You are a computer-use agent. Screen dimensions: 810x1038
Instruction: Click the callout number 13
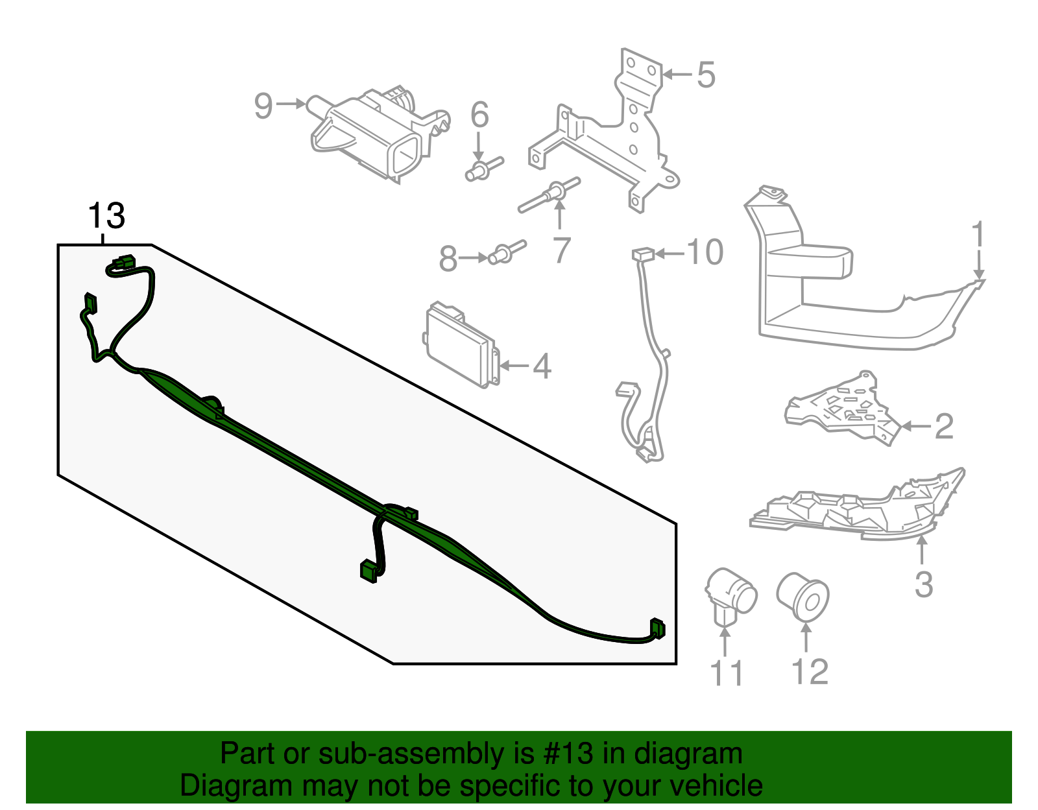(106, 216)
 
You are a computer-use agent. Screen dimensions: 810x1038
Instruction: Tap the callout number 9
(263, 106)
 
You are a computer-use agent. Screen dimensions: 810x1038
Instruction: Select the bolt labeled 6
(483, 169)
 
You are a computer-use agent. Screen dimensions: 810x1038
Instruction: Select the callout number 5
(706, 75)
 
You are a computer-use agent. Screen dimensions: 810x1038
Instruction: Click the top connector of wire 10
(642, 254)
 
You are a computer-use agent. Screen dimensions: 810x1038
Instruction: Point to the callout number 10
(705, 252)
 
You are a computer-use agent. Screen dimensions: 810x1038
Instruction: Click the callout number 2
(943, 426)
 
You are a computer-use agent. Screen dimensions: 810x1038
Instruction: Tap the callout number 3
(923, 584)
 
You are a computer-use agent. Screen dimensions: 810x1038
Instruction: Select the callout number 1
(978, 235)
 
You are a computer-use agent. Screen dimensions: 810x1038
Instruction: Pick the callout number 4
(542, 366)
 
